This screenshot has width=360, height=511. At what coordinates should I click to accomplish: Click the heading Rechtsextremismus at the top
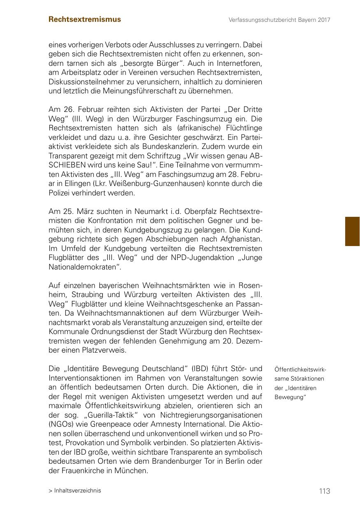85,19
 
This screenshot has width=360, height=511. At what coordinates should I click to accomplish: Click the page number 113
324,491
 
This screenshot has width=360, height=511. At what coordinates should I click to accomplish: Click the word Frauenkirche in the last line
82,470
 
